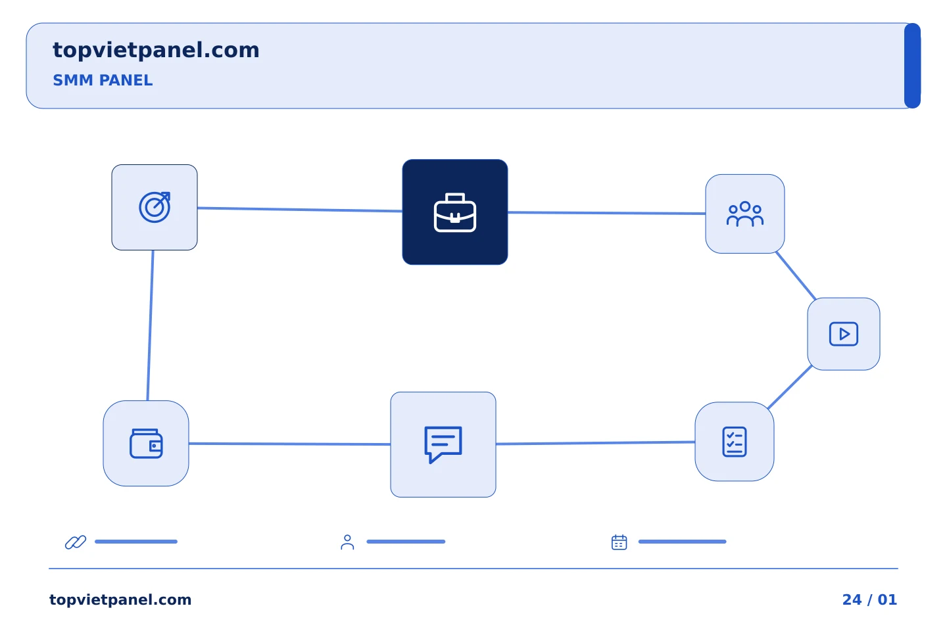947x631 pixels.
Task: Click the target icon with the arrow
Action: point(155,207)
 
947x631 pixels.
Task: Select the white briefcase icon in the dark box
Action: point(455,212)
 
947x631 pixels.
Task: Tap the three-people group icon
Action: point(745,214)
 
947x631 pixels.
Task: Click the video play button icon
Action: point(843,334)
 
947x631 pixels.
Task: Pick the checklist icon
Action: point(735,442)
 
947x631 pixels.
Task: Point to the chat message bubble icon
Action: point(443,444)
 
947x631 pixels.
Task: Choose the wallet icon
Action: point(146,444)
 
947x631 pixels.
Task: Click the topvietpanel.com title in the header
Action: point(156,51)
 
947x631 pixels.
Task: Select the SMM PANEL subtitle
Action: point(103,80)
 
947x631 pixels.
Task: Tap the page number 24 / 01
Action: point(869,599)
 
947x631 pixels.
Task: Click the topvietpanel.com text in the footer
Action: point(120,599)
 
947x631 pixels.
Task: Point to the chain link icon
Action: point(76,542)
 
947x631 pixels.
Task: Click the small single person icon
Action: point(347,542)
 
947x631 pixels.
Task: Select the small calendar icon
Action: point(619,542)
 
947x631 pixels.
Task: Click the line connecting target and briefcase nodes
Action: point(300,210)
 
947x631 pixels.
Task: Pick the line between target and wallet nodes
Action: point(150,325)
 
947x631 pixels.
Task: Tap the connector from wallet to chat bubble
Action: point(289,444)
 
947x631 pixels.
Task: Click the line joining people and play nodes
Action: point(796,275)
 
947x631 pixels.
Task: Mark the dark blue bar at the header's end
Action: point(912,66)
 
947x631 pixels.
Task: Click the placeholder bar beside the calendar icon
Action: point(683,542)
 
